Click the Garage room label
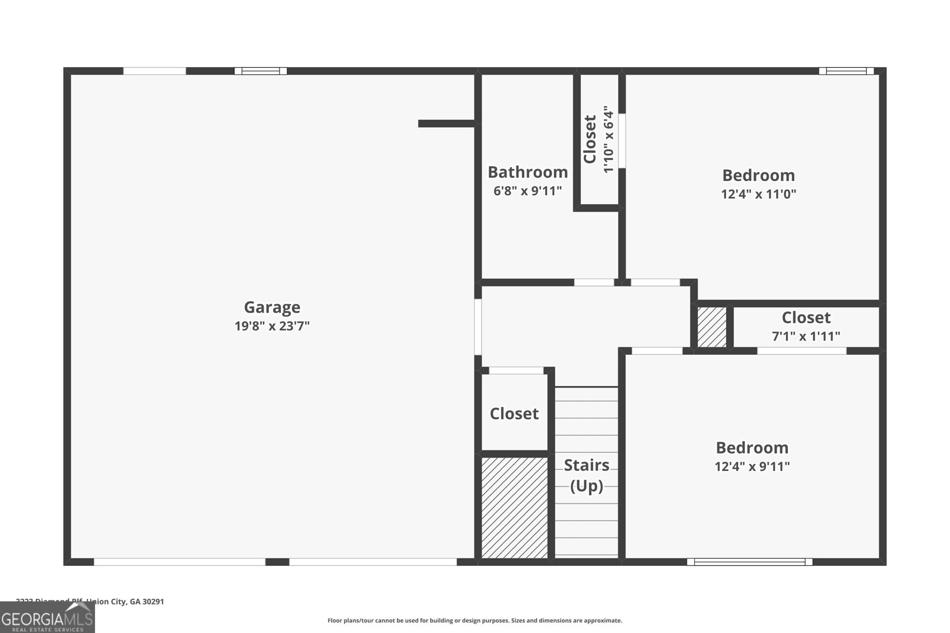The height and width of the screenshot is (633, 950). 272,307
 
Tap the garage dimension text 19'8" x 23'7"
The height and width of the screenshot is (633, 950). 272,326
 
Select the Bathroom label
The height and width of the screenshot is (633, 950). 527,172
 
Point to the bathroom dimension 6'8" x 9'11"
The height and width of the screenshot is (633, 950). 527,191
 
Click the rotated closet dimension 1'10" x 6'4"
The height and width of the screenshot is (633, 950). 608,140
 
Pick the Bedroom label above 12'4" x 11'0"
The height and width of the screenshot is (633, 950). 758,175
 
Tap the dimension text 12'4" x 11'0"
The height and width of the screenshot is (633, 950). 758,194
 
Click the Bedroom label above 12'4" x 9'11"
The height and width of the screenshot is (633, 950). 752,447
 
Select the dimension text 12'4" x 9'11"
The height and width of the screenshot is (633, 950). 752,466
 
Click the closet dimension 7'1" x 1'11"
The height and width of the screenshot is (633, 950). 806,336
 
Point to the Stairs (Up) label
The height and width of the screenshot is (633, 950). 587,475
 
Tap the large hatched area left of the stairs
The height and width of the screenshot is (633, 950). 514,507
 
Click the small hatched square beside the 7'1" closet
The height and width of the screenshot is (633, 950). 711,326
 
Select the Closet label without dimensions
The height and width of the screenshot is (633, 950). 514,413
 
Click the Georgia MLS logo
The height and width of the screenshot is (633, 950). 47,619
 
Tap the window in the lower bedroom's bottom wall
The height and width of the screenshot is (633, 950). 749,561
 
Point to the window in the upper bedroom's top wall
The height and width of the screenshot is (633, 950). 846,71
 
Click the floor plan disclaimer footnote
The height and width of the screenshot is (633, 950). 474,621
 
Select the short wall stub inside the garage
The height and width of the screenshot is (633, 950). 446,123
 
